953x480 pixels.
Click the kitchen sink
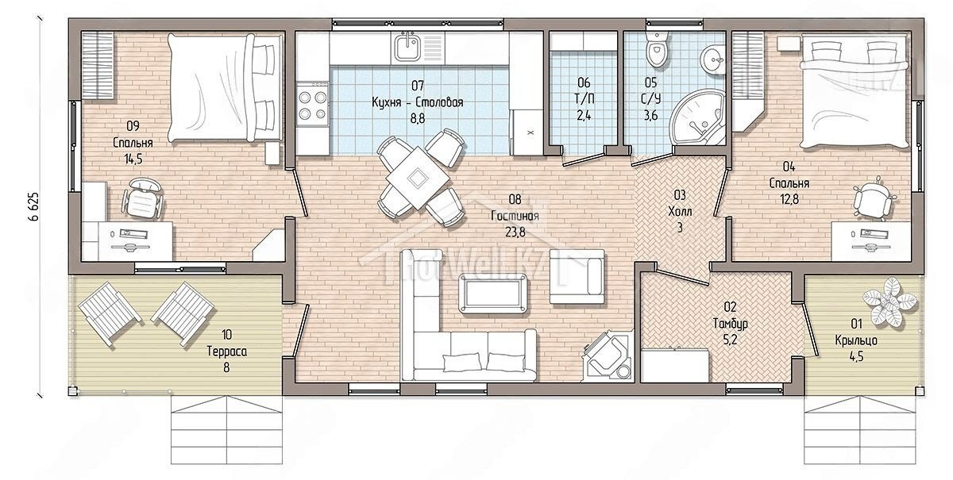coord(407,48)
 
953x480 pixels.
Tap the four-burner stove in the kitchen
coord(312,105)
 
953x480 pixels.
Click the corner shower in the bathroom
coord(698,117)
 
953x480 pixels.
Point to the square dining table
coord(418,179)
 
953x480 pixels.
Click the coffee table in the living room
coord(493,294)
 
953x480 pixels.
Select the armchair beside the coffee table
coord(577,276)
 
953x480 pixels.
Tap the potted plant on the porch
coord(889,301)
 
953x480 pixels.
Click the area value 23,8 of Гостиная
coord(515,232)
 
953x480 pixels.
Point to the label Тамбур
coord(730,324)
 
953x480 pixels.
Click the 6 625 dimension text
coord(33,206)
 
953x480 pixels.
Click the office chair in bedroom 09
coord(142,199)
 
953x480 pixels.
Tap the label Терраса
coord(227,351)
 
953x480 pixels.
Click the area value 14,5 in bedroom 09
coord(133,159)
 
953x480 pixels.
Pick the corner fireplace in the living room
coord(607,355)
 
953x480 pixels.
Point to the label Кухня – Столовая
coord(418,102)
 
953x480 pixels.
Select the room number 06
coord(584,82)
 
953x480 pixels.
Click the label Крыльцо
coord(856,340)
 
